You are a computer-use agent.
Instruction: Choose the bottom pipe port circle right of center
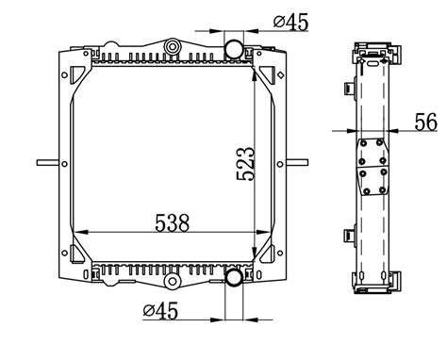tap(234, 278)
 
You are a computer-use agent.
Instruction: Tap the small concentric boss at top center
tap(172, 47)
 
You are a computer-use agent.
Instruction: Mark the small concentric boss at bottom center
tap(172, 280)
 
